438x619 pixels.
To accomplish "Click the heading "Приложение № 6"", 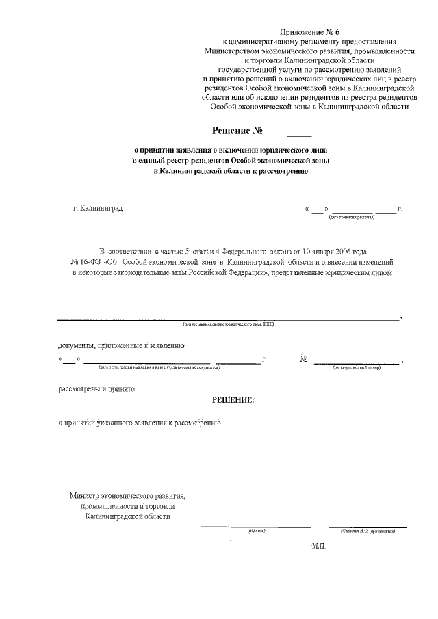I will [x=309, y=33].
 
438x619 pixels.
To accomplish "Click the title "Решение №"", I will [x=237, y=130].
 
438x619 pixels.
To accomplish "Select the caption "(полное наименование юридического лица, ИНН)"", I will [x=229, y=324].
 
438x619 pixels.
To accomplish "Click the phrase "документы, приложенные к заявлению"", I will [x=120, y=346].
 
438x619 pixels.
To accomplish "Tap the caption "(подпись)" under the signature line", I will [x=256, y=531].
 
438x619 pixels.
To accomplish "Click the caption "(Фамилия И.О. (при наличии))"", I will [x=368, y=531].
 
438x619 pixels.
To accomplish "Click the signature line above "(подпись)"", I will [x=256, y=526].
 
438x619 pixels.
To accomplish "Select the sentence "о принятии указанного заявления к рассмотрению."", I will [x=140, y=423].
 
